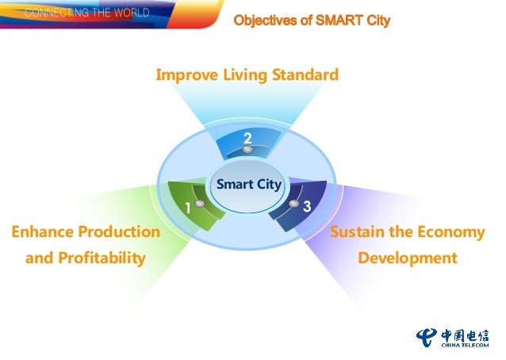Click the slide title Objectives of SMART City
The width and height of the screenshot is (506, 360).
312,20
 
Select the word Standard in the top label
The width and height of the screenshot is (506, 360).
305,75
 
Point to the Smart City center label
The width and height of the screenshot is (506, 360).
248,184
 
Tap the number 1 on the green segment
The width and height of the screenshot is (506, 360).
188,209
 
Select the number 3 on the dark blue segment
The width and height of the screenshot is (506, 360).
306,205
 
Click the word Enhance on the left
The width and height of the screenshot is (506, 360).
42,232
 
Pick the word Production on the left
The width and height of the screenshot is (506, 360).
119,232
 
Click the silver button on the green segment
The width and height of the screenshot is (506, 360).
200,204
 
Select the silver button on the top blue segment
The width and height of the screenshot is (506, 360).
247,149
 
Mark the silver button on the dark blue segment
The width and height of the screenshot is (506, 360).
294,204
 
